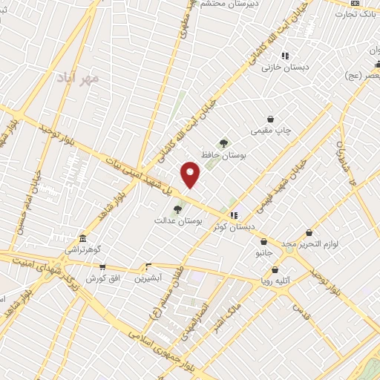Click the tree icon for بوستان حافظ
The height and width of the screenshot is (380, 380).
point(223,142)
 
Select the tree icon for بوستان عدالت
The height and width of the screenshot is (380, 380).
point(177,209)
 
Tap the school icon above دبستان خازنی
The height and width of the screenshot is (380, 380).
point(285,56)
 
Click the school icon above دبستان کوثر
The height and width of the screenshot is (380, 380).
point(235,214)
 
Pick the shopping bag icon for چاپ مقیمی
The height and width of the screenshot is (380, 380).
point(270,119)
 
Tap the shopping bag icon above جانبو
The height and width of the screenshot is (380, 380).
point(263,241)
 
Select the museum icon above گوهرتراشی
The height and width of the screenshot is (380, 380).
point(82,240)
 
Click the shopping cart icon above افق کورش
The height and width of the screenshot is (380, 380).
point(102,266)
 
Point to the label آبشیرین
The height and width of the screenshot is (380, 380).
point(148,278)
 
